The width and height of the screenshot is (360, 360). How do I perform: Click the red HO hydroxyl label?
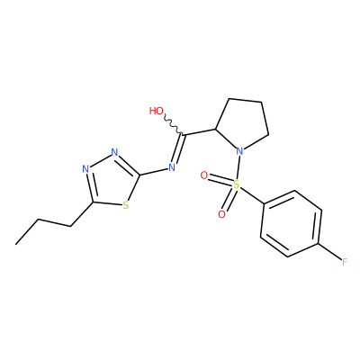point(157,111)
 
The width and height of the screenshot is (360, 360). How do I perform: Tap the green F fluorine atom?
point(345,262)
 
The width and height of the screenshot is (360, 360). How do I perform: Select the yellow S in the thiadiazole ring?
point(126,206)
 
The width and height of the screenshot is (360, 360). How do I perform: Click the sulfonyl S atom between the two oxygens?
point(237,184)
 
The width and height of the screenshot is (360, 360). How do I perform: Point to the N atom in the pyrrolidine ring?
point(239,150)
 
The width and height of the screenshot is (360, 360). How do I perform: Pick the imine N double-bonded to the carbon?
point(172,167)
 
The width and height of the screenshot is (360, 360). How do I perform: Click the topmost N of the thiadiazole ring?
point(114,152)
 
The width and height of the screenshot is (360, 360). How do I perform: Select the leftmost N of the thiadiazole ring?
point(85,169)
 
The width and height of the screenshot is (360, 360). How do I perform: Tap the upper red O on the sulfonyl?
point(204,175)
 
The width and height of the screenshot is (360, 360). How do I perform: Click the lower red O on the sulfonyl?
point(221,214)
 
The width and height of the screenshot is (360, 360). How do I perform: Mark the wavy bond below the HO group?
point(173,126)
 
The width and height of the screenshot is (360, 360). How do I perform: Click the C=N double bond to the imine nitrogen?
point(178,148)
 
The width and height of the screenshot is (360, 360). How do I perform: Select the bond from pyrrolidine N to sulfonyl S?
point(238,167)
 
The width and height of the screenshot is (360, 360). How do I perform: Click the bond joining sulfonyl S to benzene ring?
point(252,195)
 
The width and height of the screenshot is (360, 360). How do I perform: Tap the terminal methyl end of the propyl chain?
point(15,244)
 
